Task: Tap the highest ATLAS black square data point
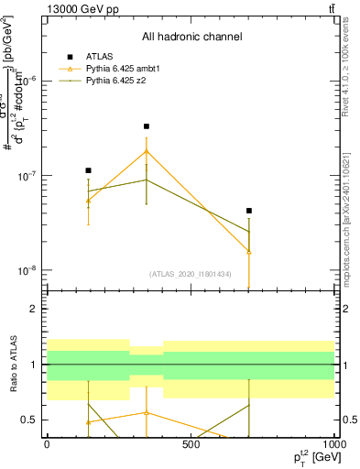click(147, 126)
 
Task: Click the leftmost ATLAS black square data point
click(88, 170)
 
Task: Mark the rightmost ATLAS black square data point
click(249, 211)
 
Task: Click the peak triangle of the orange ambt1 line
click(147, 151)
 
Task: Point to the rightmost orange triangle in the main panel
click(249, 251)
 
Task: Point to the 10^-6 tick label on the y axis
click(29, 81)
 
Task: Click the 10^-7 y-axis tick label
click(29, 176)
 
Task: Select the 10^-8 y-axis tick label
click(29, 271)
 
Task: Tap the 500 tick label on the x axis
click(191, 444)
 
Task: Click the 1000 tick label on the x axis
click(334, 444)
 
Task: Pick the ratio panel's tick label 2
click(34, 309)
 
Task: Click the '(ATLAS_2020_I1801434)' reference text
click(191, 274)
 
